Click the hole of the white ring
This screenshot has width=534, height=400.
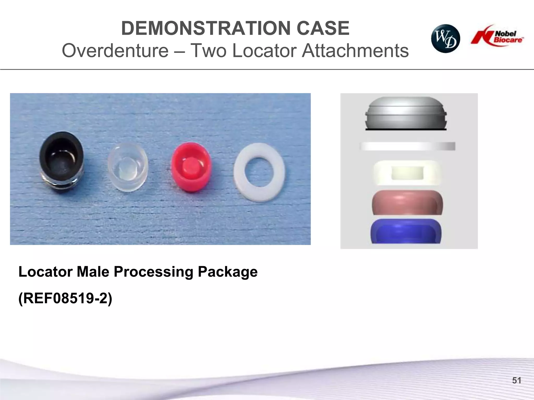pos(259,172)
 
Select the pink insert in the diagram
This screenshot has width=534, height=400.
pos(407,203)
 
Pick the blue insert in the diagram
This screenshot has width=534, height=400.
pos(406,231)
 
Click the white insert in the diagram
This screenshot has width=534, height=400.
pos(407,173)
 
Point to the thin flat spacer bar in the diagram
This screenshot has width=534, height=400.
pos(407,146)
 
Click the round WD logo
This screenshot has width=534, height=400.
pos(445,39)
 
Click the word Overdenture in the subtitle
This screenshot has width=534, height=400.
pos(115,50)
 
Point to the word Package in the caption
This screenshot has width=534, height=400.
pos(227,272)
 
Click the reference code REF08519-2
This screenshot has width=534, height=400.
pos(65,298)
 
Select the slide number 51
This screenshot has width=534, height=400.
pos(517,380)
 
